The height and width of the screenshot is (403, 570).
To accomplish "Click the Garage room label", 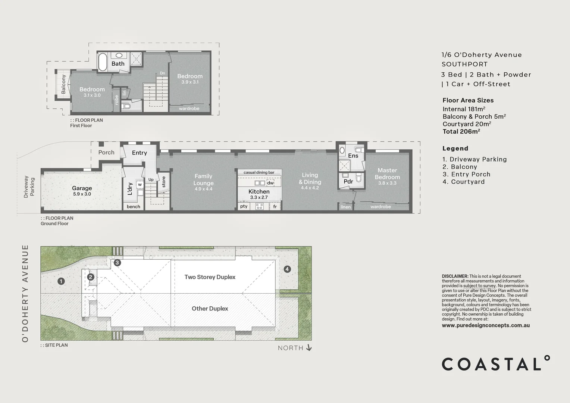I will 82,188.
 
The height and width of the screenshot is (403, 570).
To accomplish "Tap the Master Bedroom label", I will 387,174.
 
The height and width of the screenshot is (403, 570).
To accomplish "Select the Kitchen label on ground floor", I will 259,191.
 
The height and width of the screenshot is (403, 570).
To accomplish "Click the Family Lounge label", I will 203,179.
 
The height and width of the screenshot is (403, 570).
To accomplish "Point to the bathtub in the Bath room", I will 103,62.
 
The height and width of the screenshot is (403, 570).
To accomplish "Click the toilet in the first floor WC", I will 126,106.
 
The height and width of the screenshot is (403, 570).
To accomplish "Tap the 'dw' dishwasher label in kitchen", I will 270,183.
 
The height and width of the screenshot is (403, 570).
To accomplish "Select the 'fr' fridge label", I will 275,206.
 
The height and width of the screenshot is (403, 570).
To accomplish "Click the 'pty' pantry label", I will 244,206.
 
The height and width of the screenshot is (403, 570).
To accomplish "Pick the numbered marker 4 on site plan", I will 287,269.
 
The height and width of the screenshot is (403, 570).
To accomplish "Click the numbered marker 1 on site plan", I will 61,281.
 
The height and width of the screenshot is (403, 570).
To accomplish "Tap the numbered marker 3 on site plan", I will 117,263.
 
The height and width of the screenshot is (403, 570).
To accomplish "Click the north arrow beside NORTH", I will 309,348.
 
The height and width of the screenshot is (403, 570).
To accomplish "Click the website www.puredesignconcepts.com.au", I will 486,325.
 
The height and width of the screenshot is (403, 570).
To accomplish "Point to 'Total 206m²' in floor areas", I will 461,131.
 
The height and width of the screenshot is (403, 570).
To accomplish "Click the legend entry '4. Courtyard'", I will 463,182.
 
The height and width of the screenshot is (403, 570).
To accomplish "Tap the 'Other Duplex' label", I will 210,309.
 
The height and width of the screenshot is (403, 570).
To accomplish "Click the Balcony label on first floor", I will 63,84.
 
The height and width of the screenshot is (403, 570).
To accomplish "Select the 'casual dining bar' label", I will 259,172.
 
